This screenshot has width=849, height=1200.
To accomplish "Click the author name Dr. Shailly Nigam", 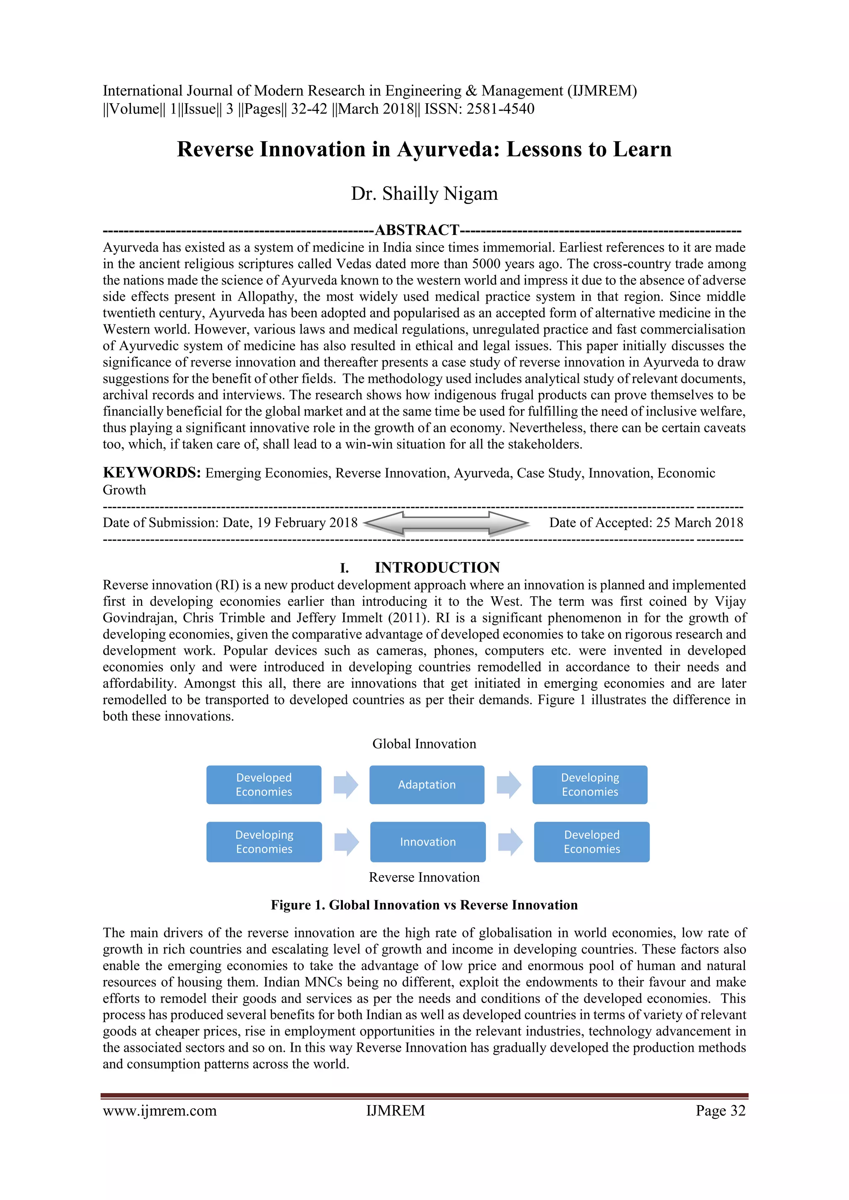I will click(424, 194).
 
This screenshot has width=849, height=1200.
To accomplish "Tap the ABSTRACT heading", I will click(417, 230).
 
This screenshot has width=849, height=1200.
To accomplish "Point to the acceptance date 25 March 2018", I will click(699, 523).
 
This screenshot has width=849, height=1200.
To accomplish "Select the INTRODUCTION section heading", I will click(437, 567).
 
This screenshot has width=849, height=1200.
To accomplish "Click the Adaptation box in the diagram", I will click(427, 784).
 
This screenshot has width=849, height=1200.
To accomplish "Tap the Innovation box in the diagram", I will click(428, 842).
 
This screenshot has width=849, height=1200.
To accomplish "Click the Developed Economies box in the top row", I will click(264, 784).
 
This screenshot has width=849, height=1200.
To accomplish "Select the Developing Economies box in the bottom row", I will click(264, 842).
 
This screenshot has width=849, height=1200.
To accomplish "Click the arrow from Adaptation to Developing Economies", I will click(509, 784).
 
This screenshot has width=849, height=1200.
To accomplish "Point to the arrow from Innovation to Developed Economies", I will click(510, 842).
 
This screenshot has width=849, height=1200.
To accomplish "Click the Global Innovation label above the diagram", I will click(424, 744).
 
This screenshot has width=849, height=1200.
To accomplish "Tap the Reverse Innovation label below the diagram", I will click(424, 877).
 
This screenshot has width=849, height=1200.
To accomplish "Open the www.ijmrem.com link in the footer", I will click(160, 1110).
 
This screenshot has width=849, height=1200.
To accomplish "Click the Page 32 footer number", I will click(720, 1110).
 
